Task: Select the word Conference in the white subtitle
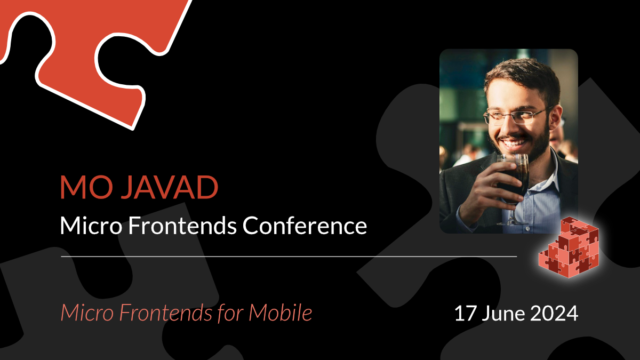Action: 305,226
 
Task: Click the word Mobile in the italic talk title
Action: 281,312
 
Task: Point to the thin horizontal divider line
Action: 289,257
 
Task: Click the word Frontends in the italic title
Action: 158,312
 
